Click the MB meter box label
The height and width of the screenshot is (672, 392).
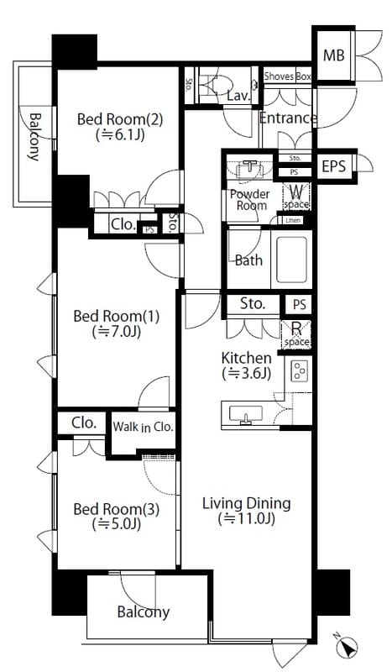point(334,55)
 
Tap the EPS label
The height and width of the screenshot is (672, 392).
point(334,166)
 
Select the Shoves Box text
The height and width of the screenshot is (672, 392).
point(287,76)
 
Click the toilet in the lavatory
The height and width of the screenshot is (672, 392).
point(217,85)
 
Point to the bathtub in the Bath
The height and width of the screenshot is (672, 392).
point(292,260)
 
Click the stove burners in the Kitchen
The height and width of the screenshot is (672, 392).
point(300,371)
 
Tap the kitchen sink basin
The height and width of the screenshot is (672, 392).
point(245,414)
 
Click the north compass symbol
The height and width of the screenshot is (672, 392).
point(348,647)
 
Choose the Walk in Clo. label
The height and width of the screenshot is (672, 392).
point(143,427)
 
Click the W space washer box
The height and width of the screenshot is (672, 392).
point(296,196)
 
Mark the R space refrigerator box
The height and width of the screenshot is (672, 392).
point(296,334)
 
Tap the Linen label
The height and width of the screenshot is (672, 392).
point(293,220)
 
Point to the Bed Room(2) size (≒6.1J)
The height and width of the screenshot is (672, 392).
point(119,135)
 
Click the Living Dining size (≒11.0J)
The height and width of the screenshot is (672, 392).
point(246,519)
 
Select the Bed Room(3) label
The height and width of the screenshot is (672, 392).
point(117,509)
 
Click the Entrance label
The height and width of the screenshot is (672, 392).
point(288,118)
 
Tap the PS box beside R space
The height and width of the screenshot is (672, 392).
point(300,304)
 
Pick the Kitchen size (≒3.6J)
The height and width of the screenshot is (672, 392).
point(246,374)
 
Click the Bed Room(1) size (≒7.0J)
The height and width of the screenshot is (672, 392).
point(117,331)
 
